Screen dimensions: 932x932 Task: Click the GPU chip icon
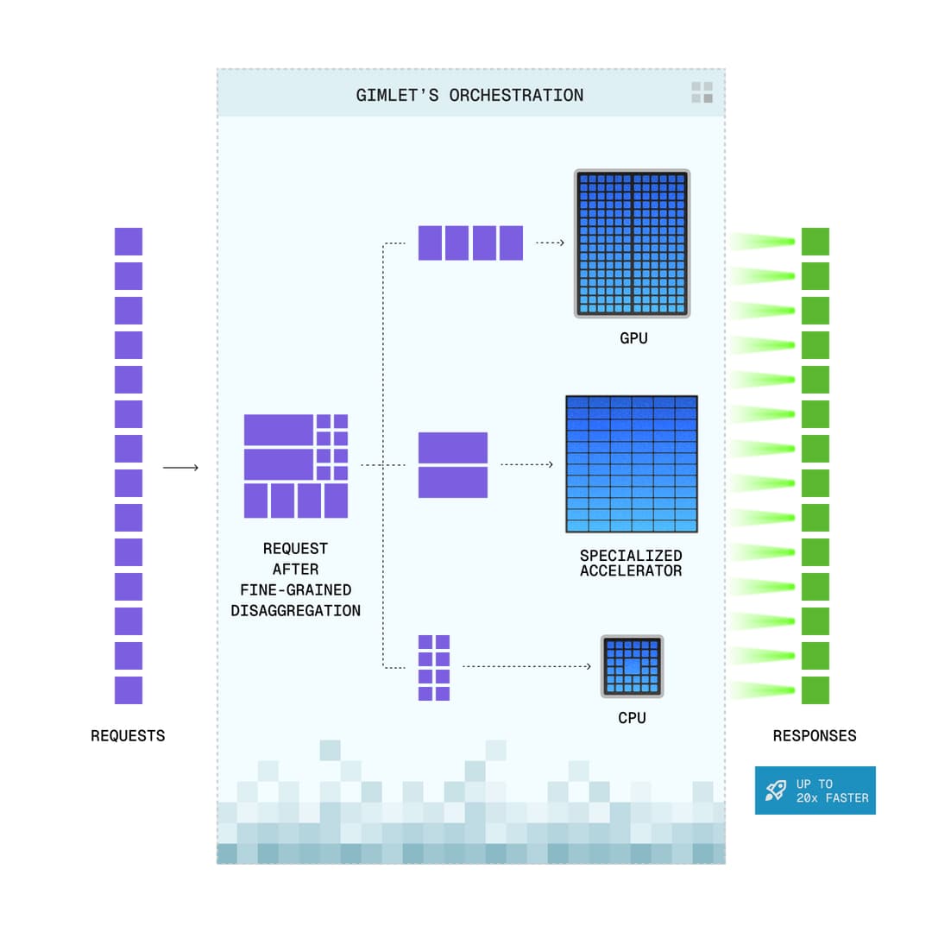click(x=633, y=243)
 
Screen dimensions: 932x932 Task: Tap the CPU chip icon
click(x=633, y=667)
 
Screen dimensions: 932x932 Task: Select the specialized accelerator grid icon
click(x=632, y=464)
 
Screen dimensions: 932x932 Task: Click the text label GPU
click(x=633, y=338)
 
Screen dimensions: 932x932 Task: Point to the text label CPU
click(x=632, y=718)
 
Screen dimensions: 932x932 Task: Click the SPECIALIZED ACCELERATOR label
click(x=631, y=564)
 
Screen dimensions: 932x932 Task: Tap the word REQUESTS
click(x=128, y=736)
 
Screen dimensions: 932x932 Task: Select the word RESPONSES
click(x=815, y=736)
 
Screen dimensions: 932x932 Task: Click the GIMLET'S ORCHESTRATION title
click(x=469, y=95)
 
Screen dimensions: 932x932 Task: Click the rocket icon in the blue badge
click(x=776, y=790)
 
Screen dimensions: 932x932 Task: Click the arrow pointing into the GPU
click(x=550, y=243)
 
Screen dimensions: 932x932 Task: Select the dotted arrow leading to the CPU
click(x=526, y=667)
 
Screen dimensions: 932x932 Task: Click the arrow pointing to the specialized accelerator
click(x=526, y=464)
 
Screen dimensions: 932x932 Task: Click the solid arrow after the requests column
click(x=180, y=468)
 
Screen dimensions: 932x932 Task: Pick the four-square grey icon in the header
click(x=702, y=93)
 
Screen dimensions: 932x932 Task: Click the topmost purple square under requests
click(x=129, y=242)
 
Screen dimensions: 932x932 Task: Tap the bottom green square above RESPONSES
click(x=815, y=690)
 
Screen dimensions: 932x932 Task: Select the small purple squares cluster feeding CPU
click(x=434, y=668)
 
